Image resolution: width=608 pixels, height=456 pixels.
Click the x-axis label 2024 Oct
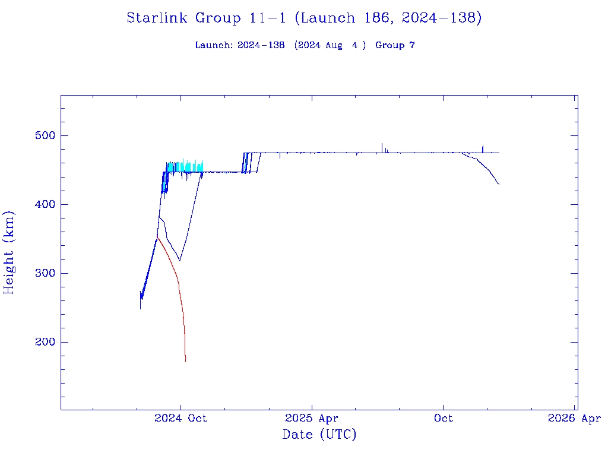[180, 419]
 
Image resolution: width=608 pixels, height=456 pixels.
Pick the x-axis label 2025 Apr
[312, 419]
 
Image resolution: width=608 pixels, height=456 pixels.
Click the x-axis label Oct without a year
[443, 419]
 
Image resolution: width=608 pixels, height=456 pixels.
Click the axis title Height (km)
[9, 252]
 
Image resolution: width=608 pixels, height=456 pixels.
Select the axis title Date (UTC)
[319, 435]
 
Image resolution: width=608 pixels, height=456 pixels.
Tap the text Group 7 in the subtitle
[395, 46]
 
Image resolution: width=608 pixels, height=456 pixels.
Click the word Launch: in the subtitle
[214, 46]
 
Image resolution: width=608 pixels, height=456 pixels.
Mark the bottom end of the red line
[186, 361]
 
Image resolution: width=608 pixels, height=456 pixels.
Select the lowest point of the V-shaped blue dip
[180, 260]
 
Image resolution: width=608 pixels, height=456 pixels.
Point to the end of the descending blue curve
[499, 185]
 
